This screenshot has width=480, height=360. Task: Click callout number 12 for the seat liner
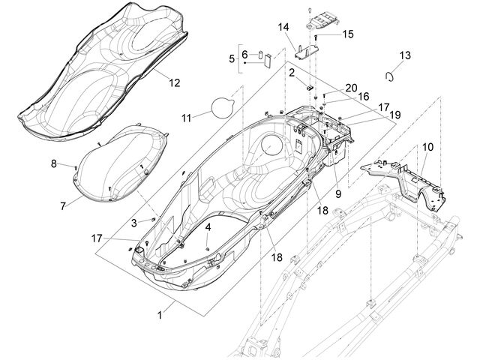(x=175, y=82)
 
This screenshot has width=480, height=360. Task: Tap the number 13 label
(x=405, y=55)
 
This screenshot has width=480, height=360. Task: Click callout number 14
(x=283, y=27)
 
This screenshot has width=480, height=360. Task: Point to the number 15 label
(x=348, y=34)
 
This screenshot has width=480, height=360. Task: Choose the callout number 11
(x=187, y=118)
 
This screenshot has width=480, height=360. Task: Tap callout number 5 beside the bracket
(x=232, y=58)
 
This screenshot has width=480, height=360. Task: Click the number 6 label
(x=244, y=55)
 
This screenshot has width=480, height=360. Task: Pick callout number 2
(x=292, y=73)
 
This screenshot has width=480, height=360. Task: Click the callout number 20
(x=351, y=88)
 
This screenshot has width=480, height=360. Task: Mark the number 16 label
(x=363, y=97)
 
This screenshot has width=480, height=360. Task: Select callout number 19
(x=395, y=115)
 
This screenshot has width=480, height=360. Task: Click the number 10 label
(x=428, y=147)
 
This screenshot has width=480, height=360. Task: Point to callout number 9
(x=338, y=193)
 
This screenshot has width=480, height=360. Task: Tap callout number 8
(x=54, y=164)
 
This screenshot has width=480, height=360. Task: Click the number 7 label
(x=63, y=206)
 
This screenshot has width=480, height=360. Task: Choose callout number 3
(x=133, y=223)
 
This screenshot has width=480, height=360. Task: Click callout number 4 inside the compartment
(x=208, y=227)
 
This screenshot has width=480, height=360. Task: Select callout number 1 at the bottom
(x=160, y=315)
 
